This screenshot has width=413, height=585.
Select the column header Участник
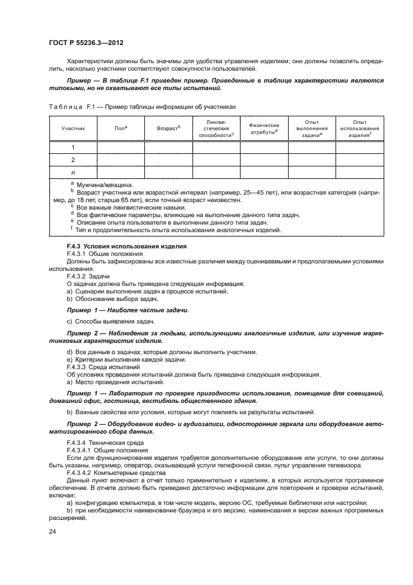(72, 128)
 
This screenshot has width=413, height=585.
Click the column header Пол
(121, 128)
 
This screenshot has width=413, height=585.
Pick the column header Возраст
(168, 128)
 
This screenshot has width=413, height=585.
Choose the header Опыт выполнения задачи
(312, 128)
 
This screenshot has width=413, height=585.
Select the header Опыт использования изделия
(359, 128)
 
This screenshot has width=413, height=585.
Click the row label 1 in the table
(72, 148)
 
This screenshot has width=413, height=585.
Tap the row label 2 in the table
(72, 160)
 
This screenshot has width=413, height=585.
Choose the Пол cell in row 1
(121, 148)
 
